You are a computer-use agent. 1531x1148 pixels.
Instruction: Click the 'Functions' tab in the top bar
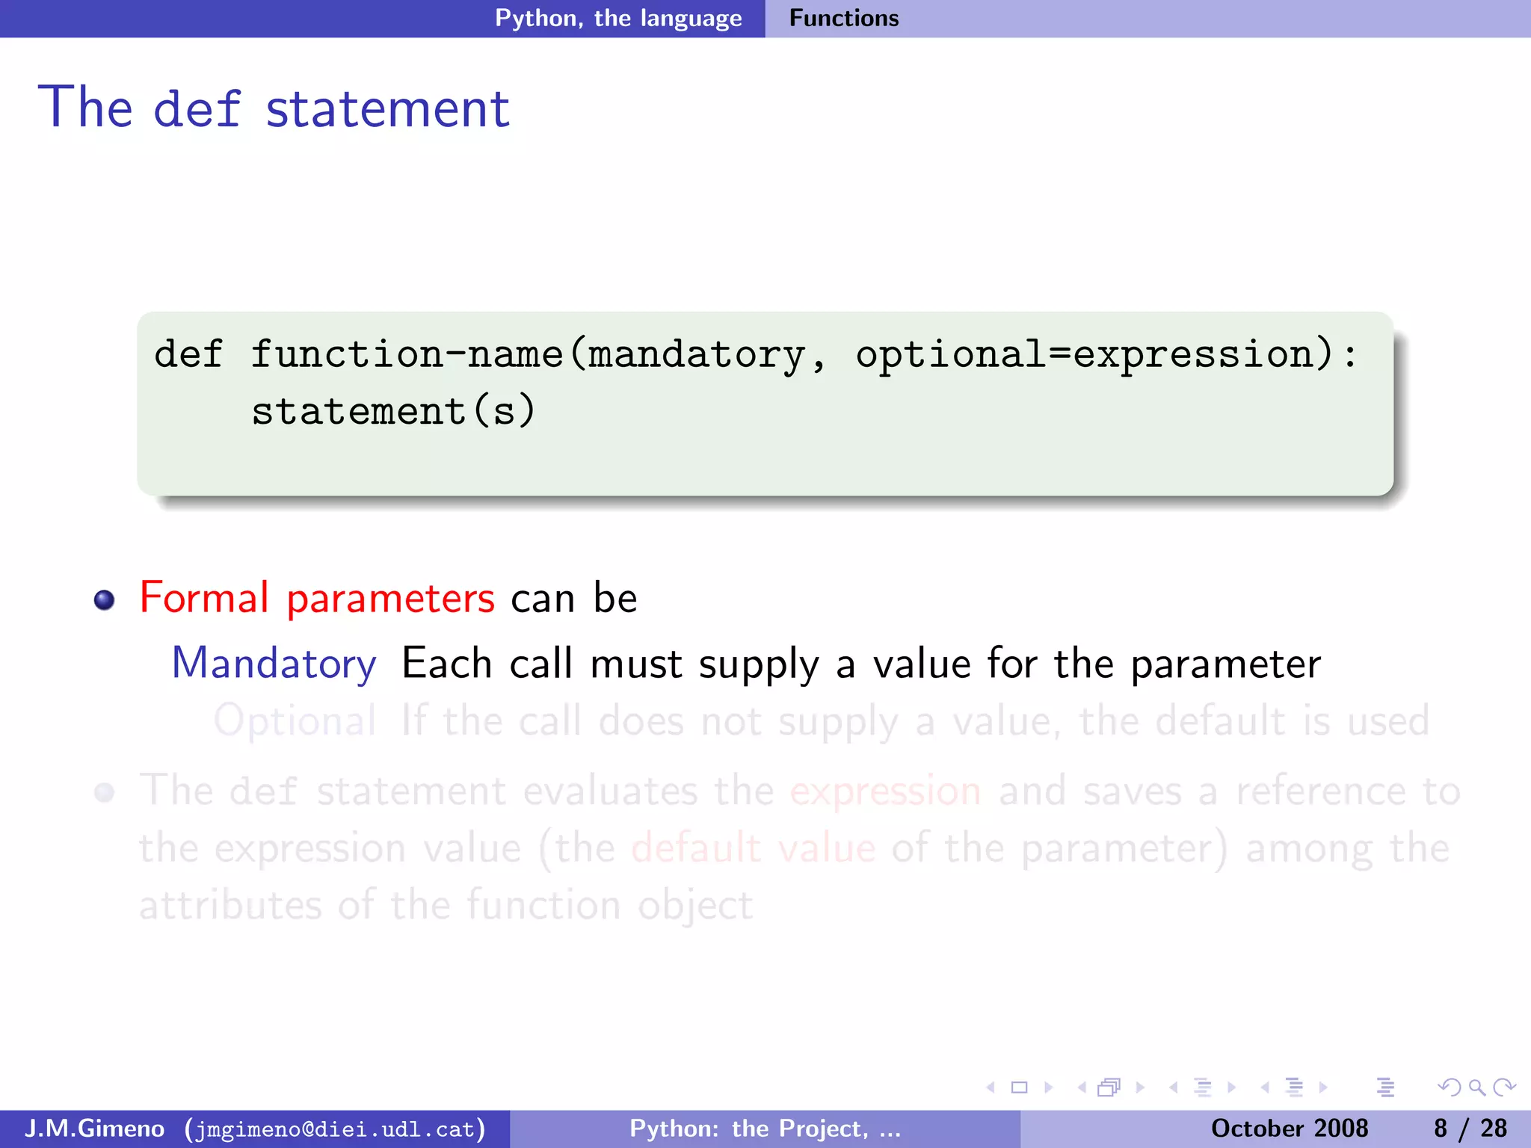[x=844, y=18]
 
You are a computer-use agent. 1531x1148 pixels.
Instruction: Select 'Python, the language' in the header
[x=618, y=18]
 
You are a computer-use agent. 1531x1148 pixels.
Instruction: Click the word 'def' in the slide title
[x=197, y=109]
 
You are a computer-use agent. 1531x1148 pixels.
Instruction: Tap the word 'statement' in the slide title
[x=388, y=109]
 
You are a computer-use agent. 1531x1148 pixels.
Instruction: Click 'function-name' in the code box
[x=407, y=354]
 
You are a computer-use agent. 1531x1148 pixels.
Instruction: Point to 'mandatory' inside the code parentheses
[x=696, y=355]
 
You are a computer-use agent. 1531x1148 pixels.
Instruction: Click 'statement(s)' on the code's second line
[x=393, y=411]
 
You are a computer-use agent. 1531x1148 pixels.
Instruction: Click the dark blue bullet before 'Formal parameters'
[x=105, y=600]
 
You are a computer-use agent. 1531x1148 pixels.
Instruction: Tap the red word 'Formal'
[x=204, y=598]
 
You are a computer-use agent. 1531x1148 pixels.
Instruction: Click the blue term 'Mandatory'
[x=274, y=664]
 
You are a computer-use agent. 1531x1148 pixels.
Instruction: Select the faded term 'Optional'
[x=295, y=722]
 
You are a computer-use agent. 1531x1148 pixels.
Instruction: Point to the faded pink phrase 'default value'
[x=753, y=848]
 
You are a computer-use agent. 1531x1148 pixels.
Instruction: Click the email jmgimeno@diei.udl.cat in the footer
[x=335, y=1129]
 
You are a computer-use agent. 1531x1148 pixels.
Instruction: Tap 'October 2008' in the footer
[x=1290, y=1129]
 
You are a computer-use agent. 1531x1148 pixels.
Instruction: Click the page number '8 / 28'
[x=1470, y=1129]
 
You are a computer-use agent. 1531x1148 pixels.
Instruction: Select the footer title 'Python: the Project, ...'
[x=765, y=1129]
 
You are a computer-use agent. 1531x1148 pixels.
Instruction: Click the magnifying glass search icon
[x=1476, y=1087]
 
